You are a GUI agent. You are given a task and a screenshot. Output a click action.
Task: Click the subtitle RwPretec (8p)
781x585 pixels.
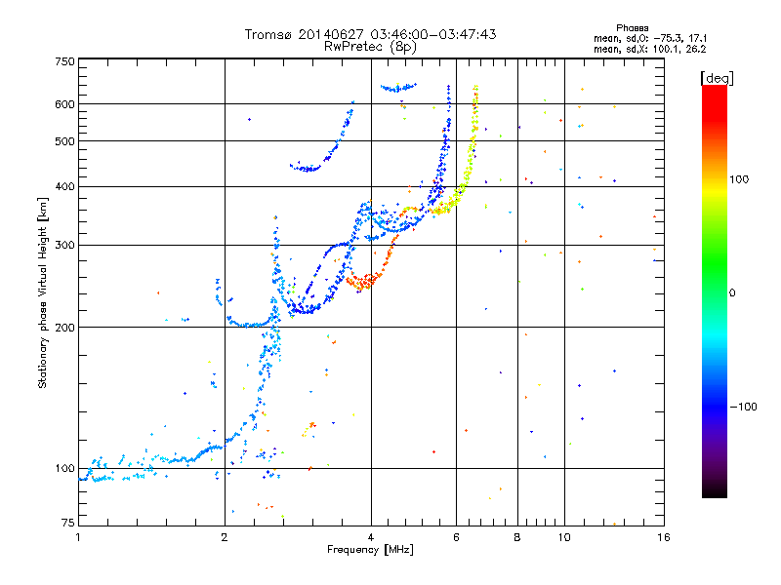click(370, 47)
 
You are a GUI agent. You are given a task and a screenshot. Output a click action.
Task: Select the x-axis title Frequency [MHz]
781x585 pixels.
click(370, 549)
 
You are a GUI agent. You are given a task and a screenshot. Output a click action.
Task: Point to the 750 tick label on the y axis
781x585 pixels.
click(64, 61)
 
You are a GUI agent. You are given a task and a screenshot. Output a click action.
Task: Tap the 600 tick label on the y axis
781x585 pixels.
click(64, 104)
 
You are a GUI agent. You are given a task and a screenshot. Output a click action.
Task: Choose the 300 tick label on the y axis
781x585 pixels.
click(64, 245)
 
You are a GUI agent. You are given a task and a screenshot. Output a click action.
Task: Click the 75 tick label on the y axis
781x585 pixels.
click(67, 523)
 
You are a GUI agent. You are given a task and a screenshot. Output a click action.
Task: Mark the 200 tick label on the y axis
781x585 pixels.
click(64, 328)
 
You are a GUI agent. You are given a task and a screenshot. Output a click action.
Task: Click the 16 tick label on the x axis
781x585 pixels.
click(663, 537)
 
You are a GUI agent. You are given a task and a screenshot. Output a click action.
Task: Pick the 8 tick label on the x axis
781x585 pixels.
click(517, 537)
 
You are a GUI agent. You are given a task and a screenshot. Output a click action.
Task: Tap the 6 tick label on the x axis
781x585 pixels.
click(456, 537)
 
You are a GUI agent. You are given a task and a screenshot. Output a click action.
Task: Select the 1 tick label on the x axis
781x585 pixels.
click(78, 537)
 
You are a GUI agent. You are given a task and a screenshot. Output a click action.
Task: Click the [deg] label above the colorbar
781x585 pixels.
click(717, 79)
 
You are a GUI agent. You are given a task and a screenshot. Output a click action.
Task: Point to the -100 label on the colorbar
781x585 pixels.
click(744, 407)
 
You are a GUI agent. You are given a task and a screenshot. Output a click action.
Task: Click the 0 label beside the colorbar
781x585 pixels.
click(732, 293)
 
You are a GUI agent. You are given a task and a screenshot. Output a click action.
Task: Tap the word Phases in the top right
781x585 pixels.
click(632, 28)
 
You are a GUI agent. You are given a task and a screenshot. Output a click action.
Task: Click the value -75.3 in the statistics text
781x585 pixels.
click(668, 39)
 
